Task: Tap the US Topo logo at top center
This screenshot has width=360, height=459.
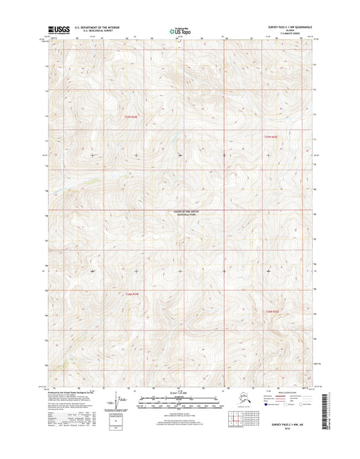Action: click(x=180, y=30)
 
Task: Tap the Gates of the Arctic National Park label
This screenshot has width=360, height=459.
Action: click(x=180, y=214)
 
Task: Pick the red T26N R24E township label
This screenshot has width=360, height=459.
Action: click(x=132, y=293)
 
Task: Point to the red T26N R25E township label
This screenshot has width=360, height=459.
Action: click(x=270, y=310)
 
